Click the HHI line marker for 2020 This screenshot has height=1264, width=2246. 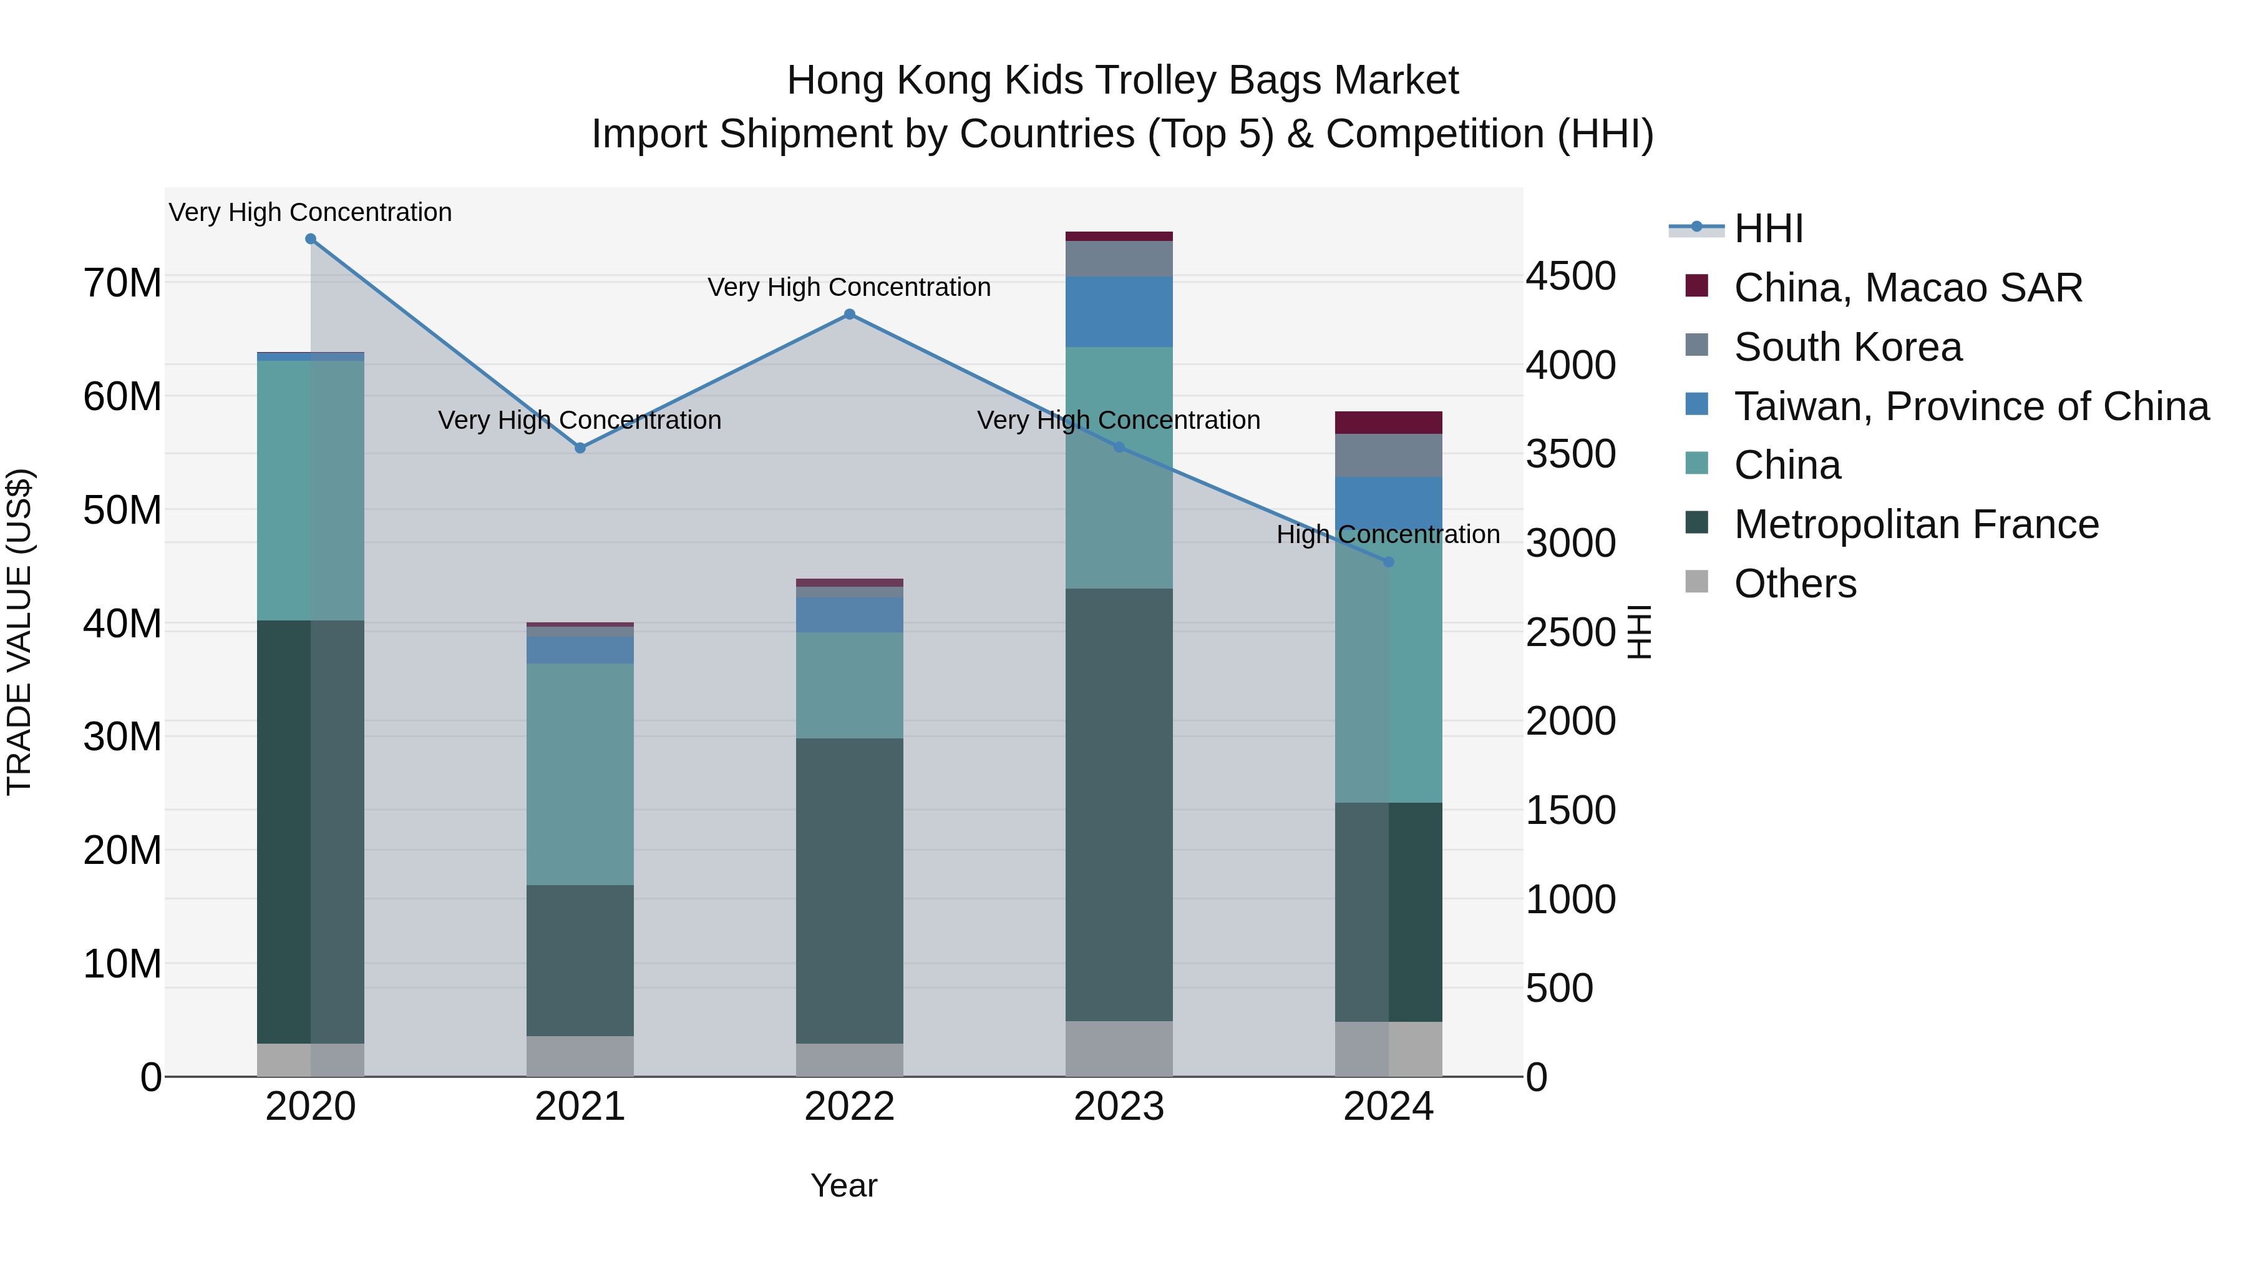pos(311,239)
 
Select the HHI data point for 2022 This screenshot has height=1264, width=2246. pos(849,314)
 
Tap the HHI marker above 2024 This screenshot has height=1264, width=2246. pos(1388,562)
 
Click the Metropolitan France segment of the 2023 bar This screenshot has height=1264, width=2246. pos(1119,803)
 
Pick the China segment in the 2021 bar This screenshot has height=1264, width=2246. pos(580,774)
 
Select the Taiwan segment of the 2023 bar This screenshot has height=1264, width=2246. pos(1119,311)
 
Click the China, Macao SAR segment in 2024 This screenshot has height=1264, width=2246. pos(1388,422)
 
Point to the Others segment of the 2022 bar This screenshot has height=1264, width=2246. pos(849,1059)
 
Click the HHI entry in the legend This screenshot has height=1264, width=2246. pos(1768,228)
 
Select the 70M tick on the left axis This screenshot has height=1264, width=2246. pos(122,283)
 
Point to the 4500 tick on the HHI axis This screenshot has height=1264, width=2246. pos(1570,277)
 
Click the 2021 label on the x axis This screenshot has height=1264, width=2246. pos(580,1107)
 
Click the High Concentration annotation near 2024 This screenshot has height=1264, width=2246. pos(1388,534)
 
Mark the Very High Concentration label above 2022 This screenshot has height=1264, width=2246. pos(849,287)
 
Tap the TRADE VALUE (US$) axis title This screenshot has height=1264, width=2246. pos(19,632)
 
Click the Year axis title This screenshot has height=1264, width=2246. pos(843,1185)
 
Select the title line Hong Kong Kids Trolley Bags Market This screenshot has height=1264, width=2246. pos(1122,81)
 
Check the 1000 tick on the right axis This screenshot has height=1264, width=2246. pos(1570,899)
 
